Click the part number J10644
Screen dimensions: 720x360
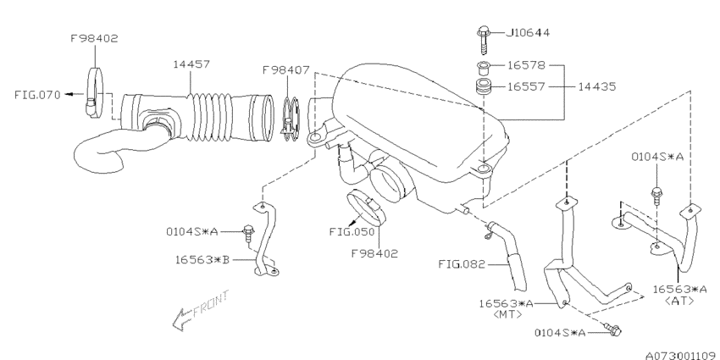point(528,33)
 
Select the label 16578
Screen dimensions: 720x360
point(526,65)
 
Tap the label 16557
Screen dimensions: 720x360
point(526,86)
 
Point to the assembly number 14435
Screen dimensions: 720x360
point(596,86)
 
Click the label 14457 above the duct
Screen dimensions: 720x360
point(191,64)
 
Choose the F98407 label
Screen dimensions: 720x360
point(286,70)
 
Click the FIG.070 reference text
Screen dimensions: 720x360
point(37,95)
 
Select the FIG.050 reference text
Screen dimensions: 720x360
point(352,232)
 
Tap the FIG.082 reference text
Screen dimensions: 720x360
point(462,264)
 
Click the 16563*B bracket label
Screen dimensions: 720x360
point(202,259)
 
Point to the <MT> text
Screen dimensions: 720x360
point(507,314)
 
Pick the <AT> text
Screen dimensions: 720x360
point(679,301)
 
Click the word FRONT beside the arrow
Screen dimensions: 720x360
point(210,304)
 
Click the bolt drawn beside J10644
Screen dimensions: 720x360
point(484,40)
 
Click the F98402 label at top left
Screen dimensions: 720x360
point(94,39)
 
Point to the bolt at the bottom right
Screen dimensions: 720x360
point(613,329)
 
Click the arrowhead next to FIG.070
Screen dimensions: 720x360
point(68,94)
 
